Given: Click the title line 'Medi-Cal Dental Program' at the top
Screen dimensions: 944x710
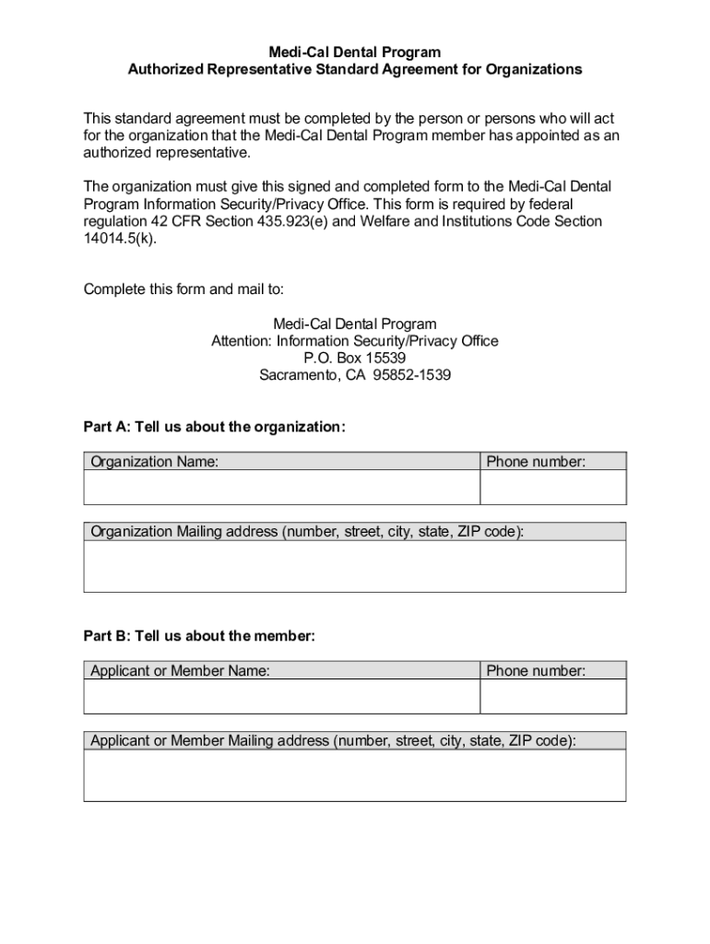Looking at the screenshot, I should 355,53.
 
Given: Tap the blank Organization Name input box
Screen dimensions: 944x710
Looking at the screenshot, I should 281,488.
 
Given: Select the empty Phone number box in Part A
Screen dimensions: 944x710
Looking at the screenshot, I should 552,488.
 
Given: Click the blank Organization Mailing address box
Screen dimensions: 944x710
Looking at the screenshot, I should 355,566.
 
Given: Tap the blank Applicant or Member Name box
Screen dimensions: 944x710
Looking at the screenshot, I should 281,697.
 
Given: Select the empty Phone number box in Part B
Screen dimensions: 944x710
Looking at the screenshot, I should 552,697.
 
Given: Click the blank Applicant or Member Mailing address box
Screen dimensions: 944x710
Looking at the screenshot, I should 355,775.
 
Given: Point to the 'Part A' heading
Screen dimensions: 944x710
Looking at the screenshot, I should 214,426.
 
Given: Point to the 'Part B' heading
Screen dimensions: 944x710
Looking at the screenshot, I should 199,636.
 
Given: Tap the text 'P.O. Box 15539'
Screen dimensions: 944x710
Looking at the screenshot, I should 355,359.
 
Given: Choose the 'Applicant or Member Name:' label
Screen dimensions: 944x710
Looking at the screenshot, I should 180,671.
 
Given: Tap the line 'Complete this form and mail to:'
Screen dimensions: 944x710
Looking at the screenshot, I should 183,289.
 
